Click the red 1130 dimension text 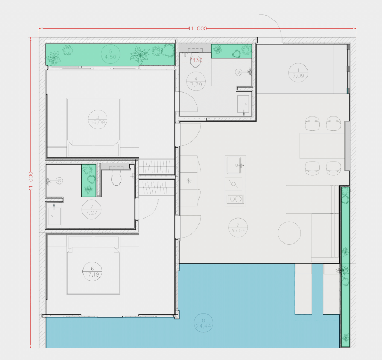coord(196,60)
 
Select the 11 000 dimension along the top coord(197,29)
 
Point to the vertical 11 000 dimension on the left coord(31,181)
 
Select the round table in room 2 coord(290,232)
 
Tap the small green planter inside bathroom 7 coord(88,180)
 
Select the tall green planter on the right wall coord(345,266)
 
